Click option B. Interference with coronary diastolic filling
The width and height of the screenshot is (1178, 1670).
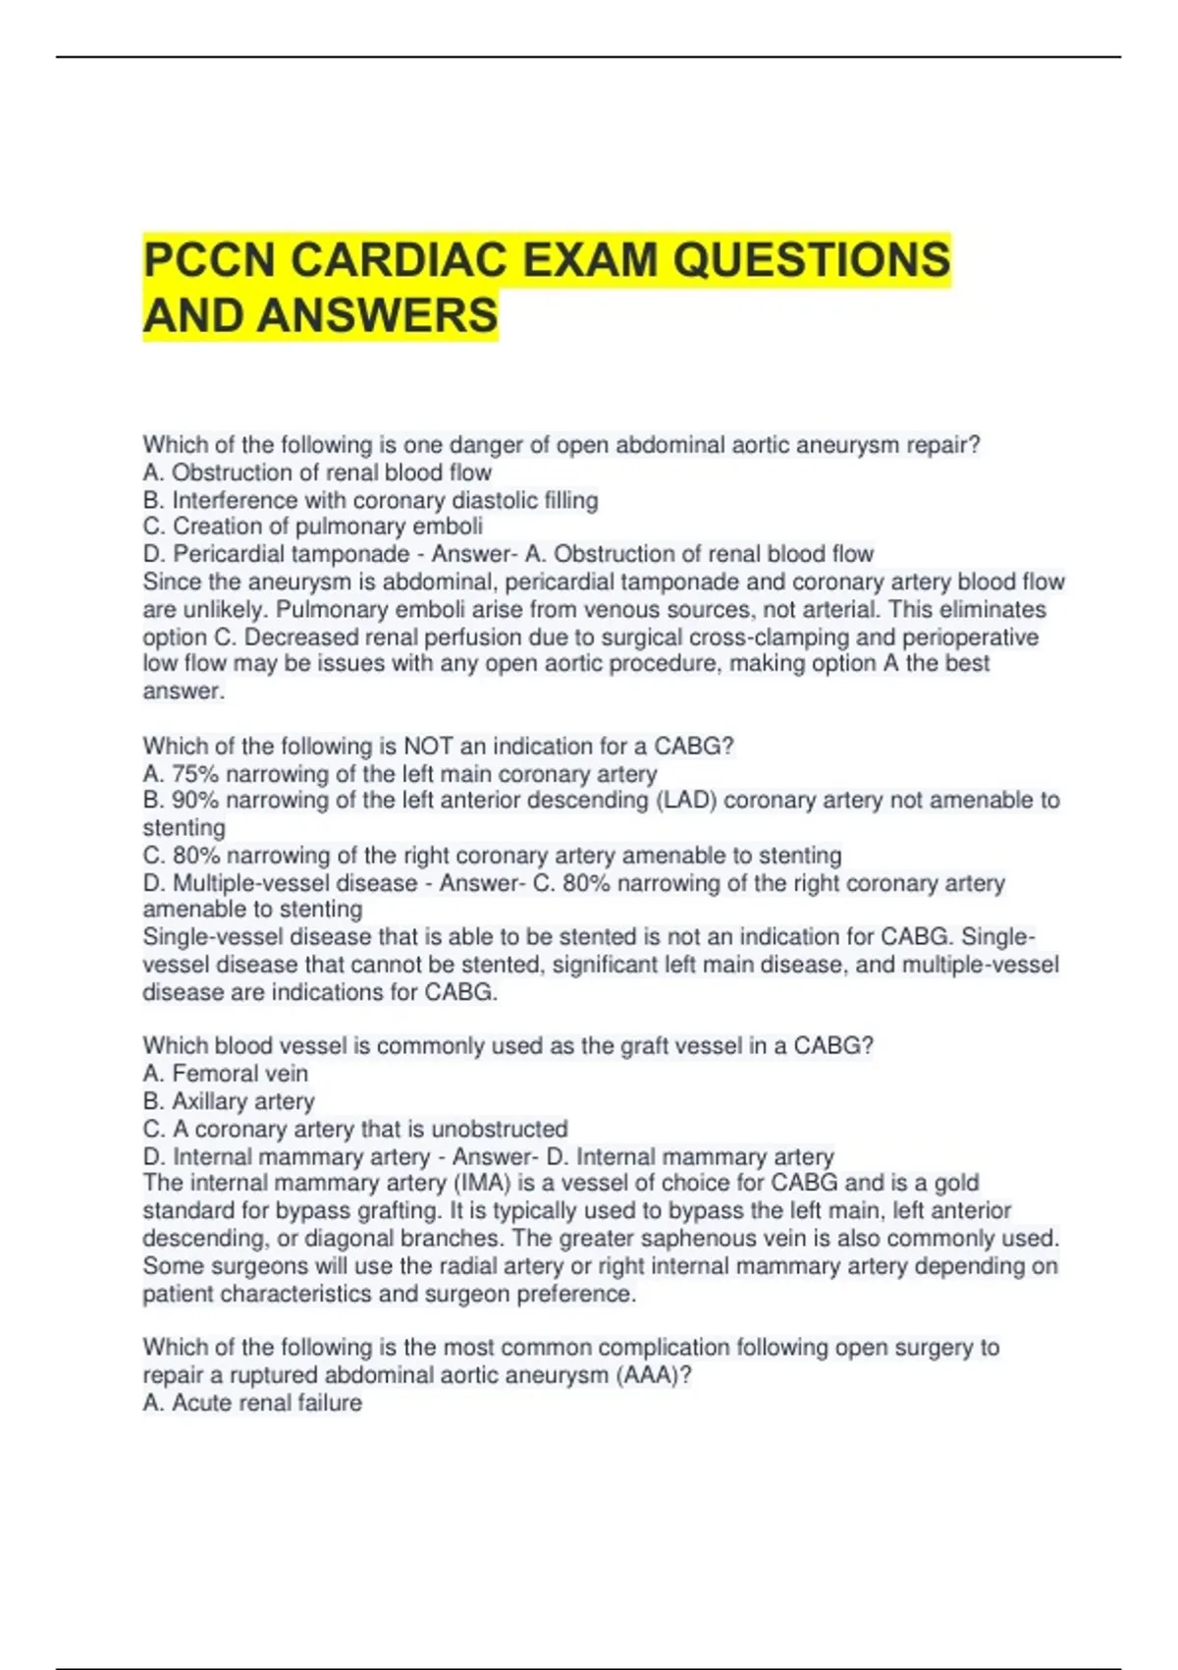(x=370, y=500)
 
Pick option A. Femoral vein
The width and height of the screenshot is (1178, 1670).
(x=225, y=1074)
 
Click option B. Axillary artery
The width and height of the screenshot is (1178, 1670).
(x=229, y=1101)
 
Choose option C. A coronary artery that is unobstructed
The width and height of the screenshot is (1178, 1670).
(x=354, y=1129)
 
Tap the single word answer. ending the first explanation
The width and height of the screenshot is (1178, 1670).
(x=184, y=692)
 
